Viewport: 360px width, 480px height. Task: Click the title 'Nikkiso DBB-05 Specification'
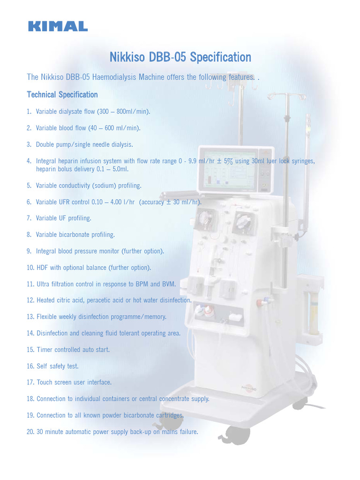(x=180, y=58)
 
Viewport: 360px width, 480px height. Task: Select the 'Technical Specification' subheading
(x=62, y=95)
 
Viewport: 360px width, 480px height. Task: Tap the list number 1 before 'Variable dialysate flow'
(x=29, y=112)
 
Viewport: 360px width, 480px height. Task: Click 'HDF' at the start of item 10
(x=43, y=268)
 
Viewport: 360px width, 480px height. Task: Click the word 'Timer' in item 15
(x=45, y=350)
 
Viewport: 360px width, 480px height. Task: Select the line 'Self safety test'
(x=58, y=366)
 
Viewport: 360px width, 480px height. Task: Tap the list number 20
(x=30, y=432)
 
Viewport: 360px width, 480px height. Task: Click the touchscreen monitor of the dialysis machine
(x=229, y=170)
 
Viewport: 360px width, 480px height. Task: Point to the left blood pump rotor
(x=205, y=218)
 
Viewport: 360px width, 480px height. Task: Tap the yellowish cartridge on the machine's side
(x=313, y=312)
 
